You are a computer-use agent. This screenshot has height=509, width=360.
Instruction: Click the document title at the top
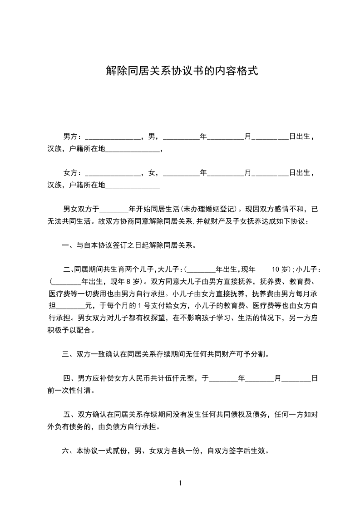coord(182,71)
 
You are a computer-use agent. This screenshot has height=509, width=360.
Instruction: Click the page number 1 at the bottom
coord(180,483)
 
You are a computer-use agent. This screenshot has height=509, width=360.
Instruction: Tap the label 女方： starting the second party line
coord(72,172)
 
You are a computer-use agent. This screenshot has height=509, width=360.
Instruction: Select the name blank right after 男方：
coord(113,137)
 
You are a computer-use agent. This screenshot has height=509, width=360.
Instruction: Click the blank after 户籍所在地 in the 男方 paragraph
coord(133,149)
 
